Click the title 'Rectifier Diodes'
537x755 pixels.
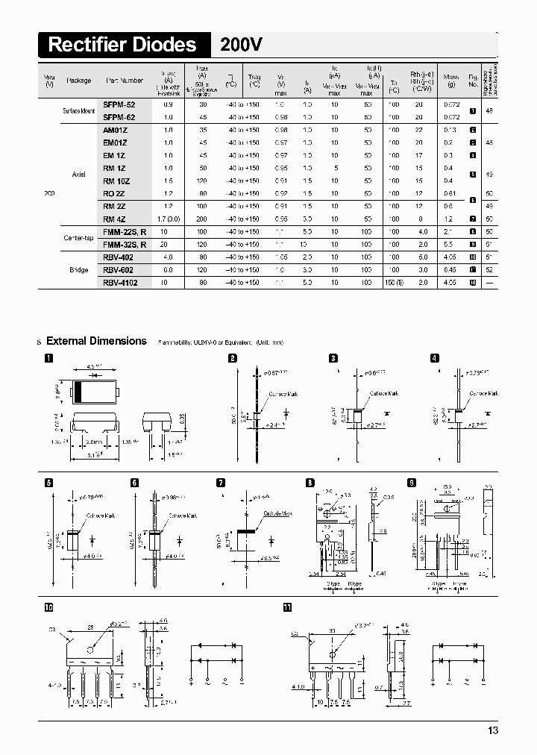(x=122, y=45)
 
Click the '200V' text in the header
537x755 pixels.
(x=241, y=45)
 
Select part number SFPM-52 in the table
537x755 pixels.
(x=119, y=106)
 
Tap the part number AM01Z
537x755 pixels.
(x=115, y=130)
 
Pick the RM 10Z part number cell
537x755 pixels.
(x=116, y=181)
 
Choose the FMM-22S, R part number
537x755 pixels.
(x=124, y=232)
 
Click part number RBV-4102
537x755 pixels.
(x=120, y=283)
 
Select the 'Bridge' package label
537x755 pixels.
(x=79, y=270)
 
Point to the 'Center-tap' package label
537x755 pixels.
(x=78, y=238)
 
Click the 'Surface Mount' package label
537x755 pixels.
(x=78, y=111)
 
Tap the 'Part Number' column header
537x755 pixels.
(x=124, y=80)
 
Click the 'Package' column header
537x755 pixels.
(x=78, y=80)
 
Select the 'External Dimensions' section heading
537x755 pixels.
(x=96, y=341)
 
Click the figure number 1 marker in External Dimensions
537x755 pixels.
(x=48, y=359)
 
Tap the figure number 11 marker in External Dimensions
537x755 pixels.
(x=287, y=607)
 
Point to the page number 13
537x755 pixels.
(x=492, y=730)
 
